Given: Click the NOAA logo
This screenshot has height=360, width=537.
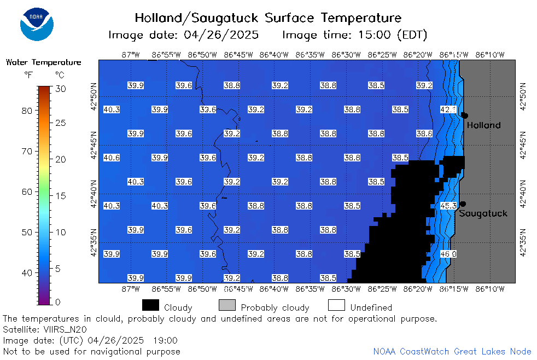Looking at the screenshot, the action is [37, 24].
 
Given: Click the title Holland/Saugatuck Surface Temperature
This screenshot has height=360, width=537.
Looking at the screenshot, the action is [268, 18].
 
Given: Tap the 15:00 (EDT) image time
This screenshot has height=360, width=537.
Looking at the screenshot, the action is [393, 35].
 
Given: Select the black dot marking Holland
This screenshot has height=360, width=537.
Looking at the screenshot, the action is [465, 115].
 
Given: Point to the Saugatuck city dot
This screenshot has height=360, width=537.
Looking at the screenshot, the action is [463, 204].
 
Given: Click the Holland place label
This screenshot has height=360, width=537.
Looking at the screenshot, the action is [483, 125].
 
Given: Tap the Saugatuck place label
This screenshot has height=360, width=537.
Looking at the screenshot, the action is [483, 213].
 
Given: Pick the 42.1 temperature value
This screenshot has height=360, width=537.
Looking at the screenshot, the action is [448, 109].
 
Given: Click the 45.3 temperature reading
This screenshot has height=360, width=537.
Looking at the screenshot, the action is [448, 206].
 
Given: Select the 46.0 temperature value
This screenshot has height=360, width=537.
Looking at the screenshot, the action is [448, 254].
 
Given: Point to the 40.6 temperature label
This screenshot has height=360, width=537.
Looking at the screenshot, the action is [112, 158].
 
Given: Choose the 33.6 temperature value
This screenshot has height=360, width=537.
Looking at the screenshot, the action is [208, 109].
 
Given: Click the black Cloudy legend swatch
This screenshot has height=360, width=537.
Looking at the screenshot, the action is [151, 305].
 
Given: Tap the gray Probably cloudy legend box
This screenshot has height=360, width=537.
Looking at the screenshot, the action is [227, 305].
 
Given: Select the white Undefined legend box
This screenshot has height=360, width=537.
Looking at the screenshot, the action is [336, 305].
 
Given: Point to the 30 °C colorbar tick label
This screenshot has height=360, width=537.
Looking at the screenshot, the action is [61, 89].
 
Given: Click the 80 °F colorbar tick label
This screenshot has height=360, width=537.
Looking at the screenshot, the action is [27, 111].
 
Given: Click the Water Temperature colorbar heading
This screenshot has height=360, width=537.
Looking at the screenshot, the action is [44, 62].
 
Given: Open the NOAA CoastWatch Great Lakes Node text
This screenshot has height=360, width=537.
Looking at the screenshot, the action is [452, 351].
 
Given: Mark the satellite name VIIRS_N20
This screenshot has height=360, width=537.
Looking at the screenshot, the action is [65, 329].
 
